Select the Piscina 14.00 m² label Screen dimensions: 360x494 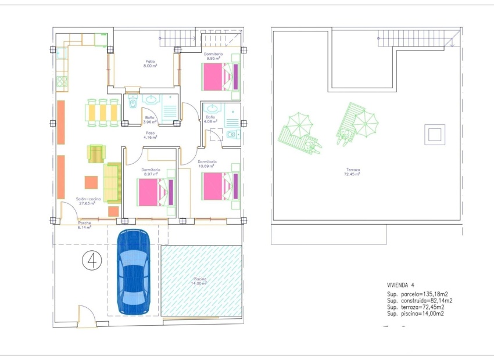[200, 281]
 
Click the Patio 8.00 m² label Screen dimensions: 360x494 [151, 63]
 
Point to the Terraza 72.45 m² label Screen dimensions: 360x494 [352, 172]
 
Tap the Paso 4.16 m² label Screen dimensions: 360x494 [151, 135]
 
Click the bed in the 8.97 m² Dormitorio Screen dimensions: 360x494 [155, 192]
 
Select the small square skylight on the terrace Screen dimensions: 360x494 [434, 135]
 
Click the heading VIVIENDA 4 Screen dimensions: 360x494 [401, 286]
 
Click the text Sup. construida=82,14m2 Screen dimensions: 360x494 [420, 300]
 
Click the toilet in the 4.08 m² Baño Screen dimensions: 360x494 [231, 135]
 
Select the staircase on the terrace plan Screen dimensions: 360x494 [416, 40]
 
